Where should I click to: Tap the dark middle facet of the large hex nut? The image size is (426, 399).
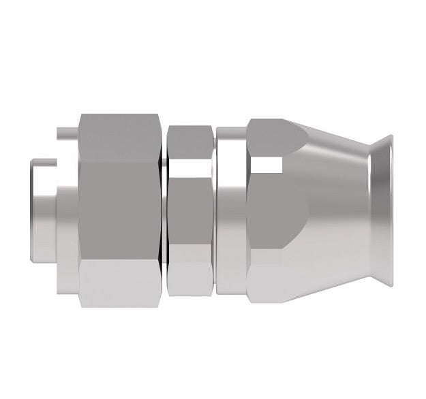119,211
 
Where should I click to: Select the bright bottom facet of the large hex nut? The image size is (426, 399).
119,283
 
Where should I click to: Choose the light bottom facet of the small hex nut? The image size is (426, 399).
191,279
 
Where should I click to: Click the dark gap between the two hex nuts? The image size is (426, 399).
164,211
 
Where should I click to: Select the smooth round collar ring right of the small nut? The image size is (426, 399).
232,211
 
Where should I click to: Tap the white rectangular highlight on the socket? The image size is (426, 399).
266,165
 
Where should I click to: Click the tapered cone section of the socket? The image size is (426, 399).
334,211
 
